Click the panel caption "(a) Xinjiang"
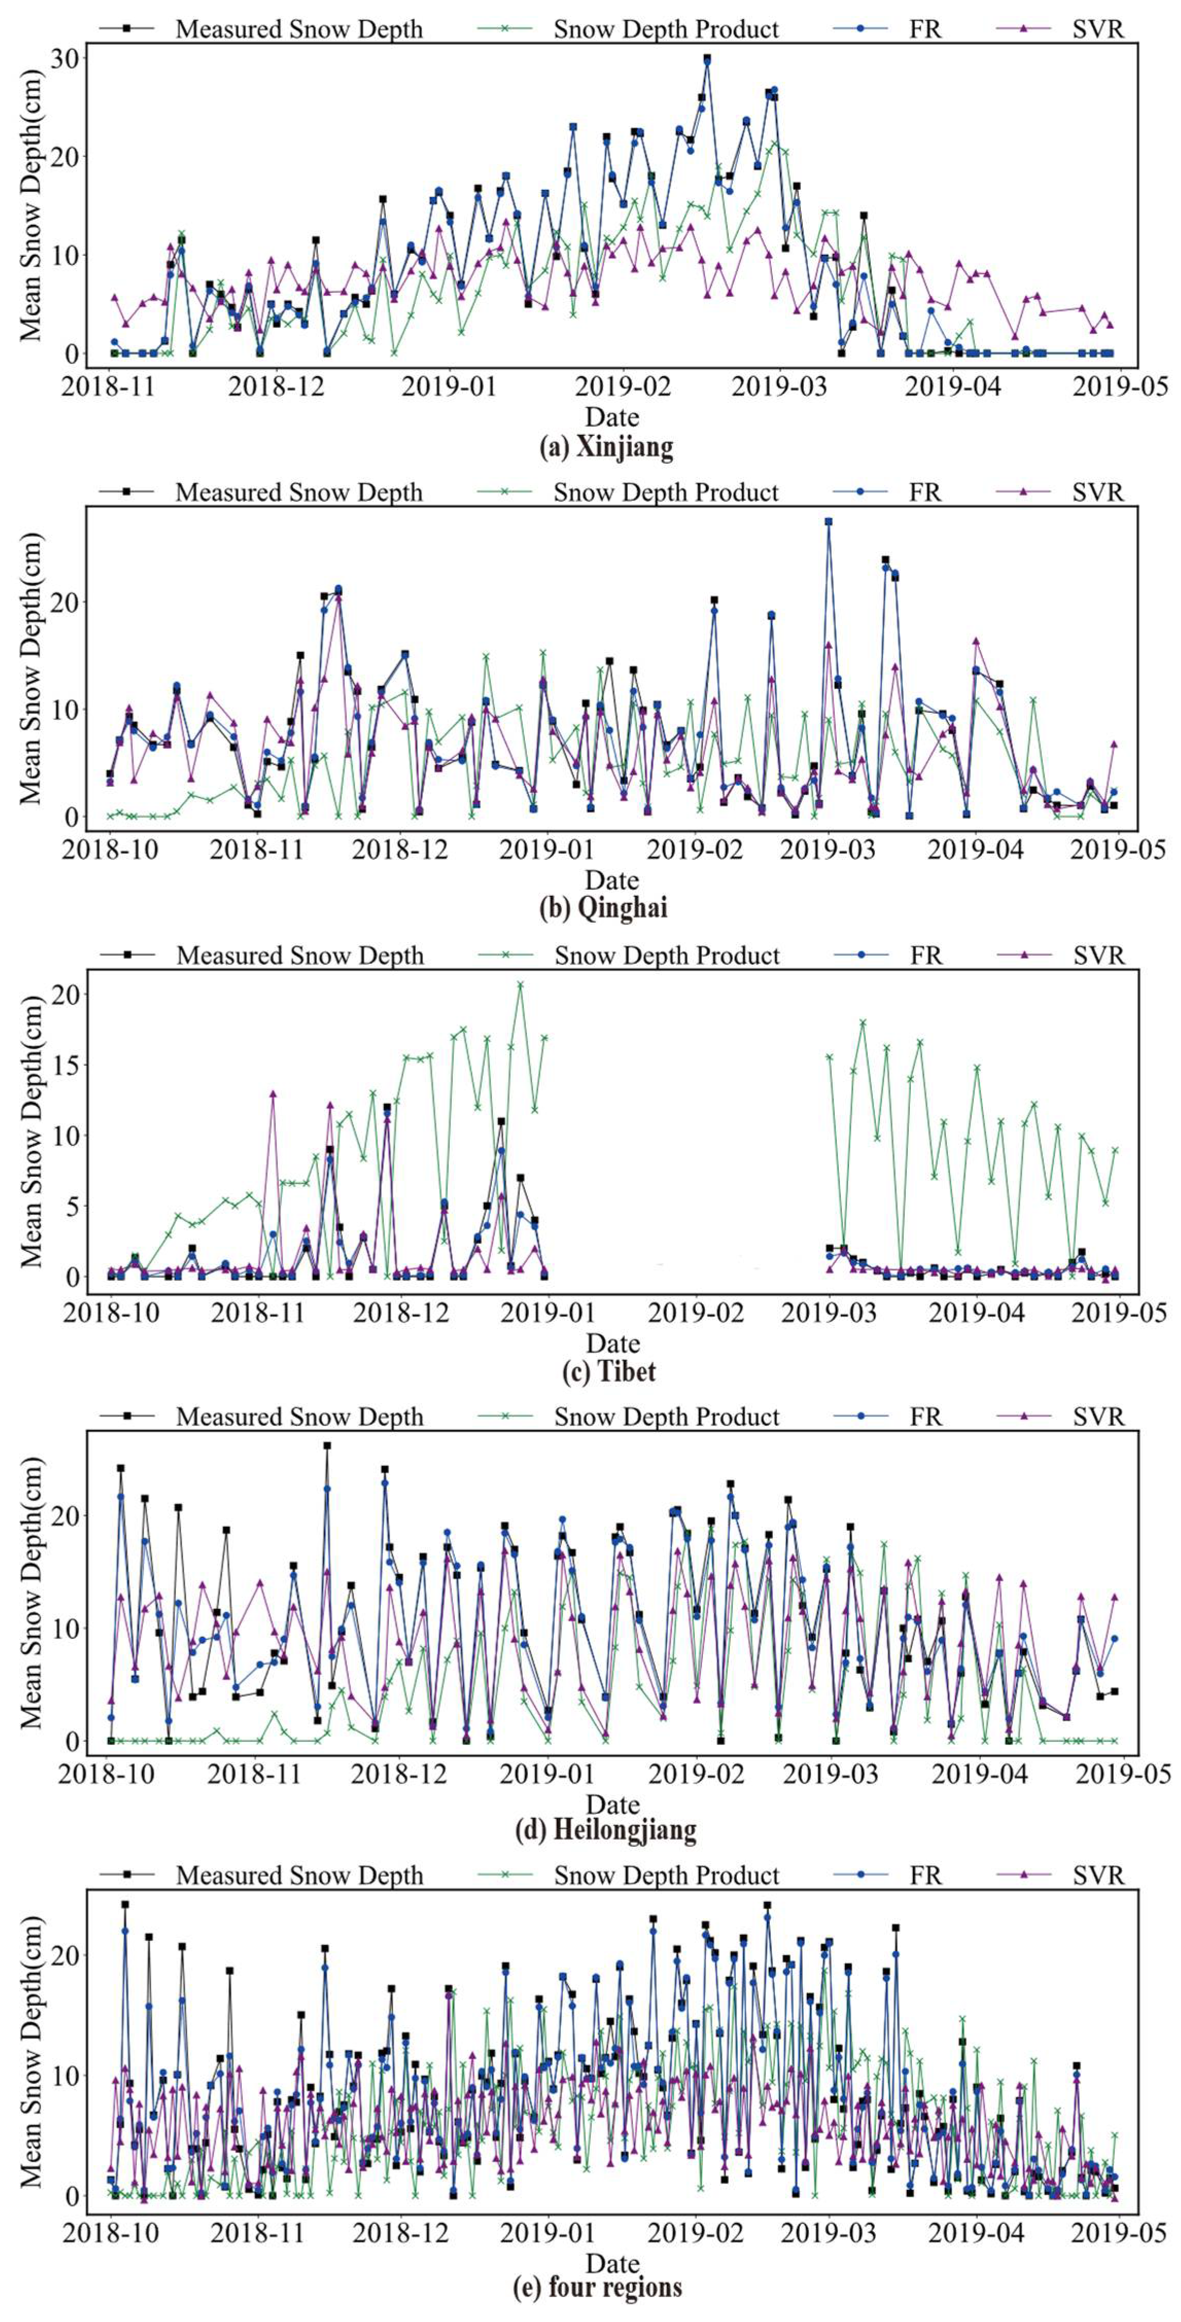pyautogui.click(x=606, y=448)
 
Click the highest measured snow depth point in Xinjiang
pyautogui.click(x=707, y=58)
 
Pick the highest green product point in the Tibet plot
pyautogui.click(x=520, y=984)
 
